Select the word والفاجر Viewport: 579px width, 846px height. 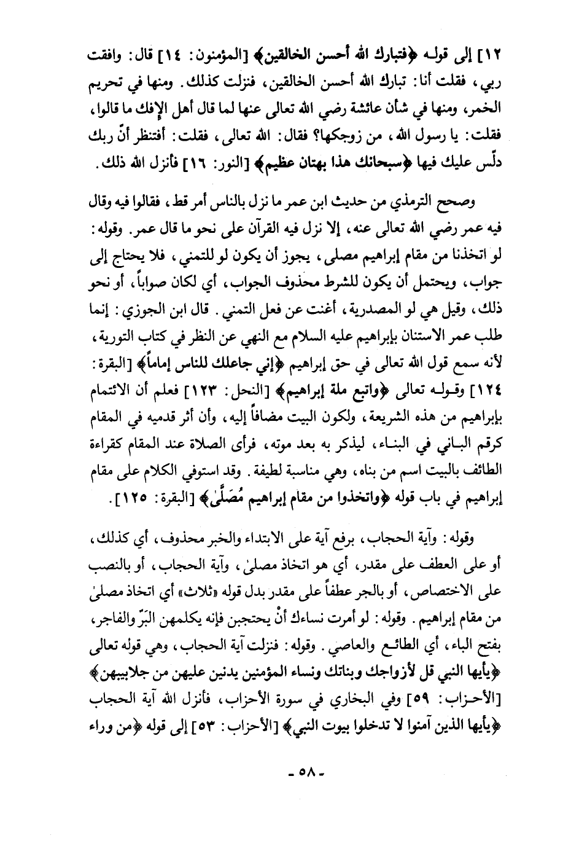(x=98, y=619)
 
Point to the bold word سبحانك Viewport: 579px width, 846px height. (x=340, y=165)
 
